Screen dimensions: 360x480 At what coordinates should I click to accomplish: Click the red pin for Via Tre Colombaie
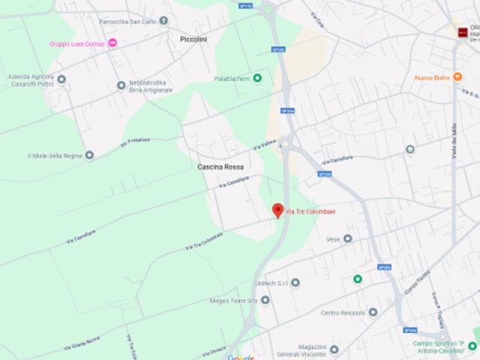[277, 211]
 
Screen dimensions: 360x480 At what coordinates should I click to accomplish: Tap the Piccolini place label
[193, 38]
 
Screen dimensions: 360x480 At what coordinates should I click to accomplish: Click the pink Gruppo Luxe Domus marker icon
[112, 43]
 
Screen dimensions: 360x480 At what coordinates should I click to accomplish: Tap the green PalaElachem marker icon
[257, 78]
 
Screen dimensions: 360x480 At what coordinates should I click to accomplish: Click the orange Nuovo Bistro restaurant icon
[458, 76]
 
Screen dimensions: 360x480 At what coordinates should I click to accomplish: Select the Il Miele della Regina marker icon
[89, 155]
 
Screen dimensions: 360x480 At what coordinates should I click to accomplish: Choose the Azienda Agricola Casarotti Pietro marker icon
[61, 79]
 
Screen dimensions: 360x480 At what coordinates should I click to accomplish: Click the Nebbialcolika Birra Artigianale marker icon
[121, 85]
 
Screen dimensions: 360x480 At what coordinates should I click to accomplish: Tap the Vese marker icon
[348, 238]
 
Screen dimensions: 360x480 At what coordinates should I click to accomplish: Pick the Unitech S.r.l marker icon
[295, 282]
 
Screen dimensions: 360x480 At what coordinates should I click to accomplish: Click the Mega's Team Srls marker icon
[265, 299]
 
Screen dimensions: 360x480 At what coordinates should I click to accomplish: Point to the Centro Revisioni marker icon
[373, 312]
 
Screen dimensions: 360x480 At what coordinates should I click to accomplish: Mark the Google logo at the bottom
[241, 356]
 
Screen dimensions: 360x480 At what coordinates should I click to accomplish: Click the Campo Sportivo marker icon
[471, 346]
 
